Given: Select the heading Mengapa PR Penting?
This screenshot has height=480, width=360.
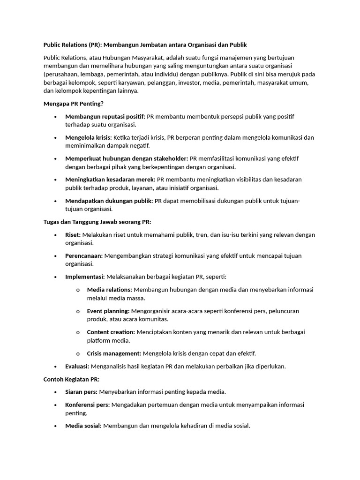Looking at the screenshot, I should coord(73,104).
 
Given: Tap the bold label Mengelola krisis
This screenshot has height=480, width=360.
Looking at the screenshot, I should coord(89,137).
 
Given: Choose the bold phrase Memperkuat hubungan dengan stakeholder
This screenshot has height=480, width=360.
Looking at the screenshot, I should coord(127,158).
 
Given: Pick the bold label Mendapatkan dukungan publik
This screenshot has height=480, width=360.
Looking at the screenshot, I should coord(109,201).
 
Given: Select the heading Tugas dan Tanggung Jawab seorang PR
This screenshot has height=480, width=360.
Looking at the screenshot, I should coord(97,222).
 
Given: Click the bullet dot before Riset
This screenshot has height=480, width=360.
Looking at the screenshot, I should coord(55,235).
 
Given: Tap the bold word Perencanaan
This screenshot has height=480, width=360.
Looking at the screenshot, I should coord(84,256).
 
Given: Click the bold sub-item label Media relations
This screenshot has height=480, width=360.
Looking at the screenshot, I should coord(109,290).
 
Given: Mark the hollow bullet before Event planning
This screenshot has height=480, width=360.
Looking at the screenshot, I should coord(78,311).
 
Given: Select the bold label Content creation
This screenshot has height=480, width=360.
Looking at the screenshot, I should coord(111,332).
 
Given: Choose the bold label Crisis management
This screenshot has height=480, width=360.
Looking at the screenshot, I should coord(114,353).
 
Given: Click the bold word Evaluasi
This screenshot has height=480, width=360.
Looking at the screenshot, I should coord(77,366).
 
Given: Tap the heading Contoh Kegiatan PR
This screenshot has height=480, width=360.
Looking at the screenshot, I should coord(71,379).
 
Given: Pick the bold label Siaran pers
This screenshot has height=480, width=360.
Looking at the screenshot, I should coord(81,392).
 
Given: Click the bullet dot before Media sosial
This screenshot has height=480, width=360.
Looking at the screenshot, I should coord(55,426).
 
